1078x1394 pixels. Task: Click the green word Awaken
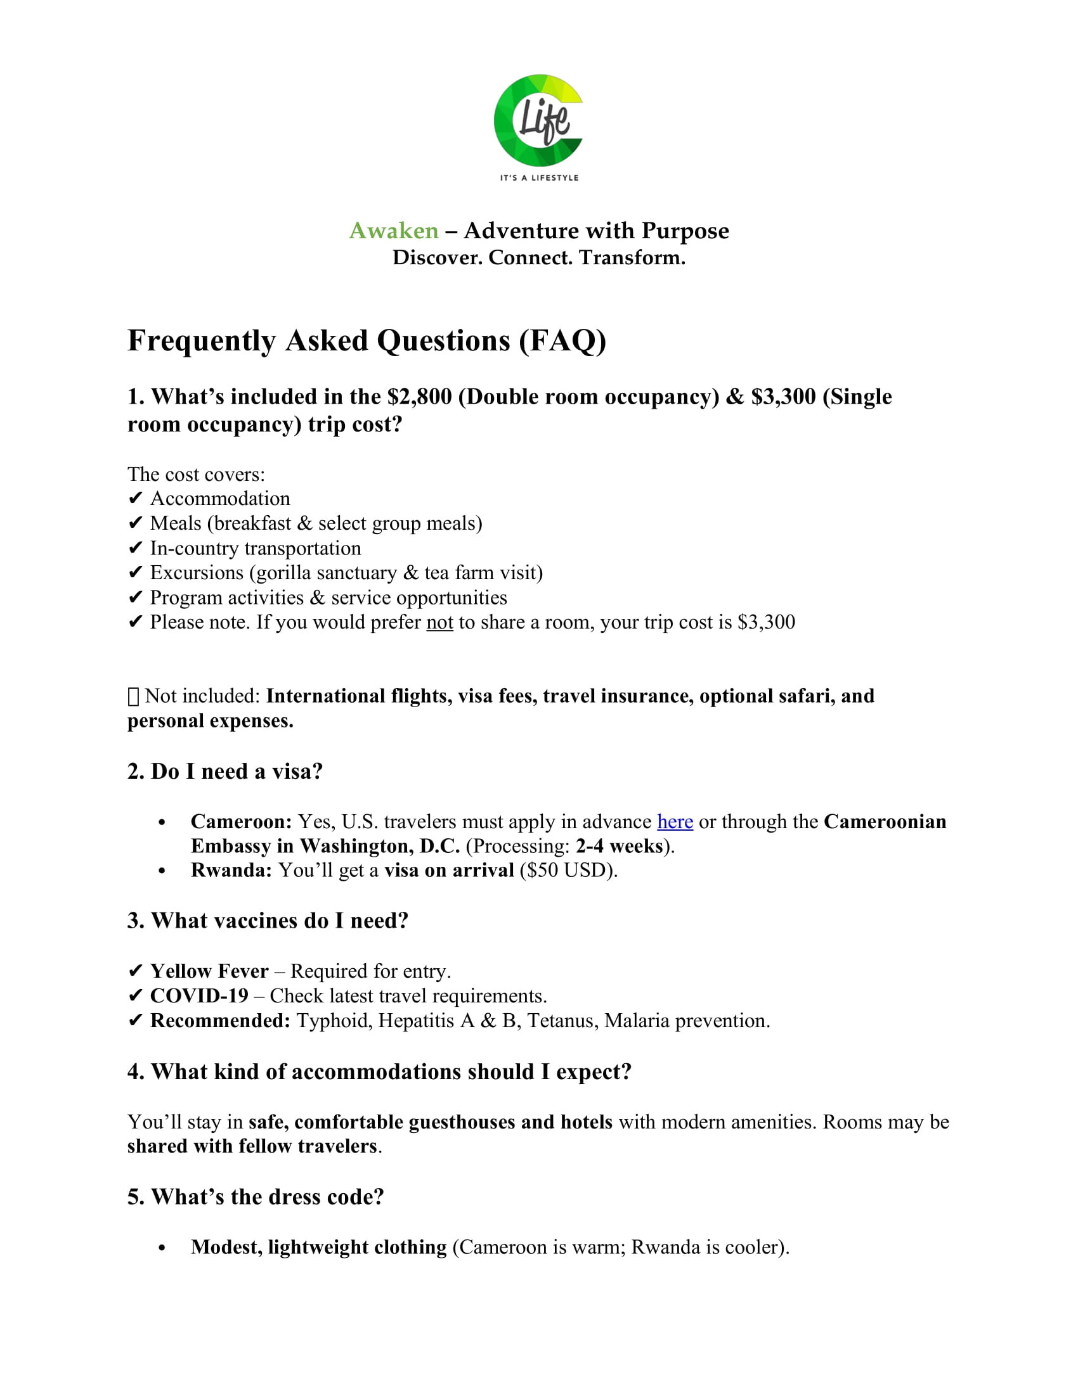393,231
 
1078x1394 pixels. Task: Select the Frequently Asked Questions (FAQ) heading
367,340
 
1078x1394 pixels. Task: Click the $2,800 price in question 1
419,397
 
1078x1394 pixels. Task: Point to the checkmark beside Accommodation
134,499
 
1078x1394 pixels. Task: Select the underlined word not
439,622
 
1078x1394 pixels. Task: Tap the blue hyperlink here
675,821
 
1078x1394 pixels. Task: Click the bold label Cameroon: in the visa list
241,821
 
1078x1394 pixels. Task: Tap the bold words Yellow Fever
209,971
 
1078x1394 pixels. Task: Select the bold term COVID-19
198,995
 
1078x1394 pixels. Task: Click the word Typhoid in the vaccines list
334,1021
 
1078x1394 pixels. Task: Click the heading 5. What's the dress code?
256,1197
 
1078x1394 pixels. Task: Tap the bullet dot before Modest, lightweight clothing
162,1248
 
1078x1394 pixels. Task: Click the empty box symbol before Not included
133,696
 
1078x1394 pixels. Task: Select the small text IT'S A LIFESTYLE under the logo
539,177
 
